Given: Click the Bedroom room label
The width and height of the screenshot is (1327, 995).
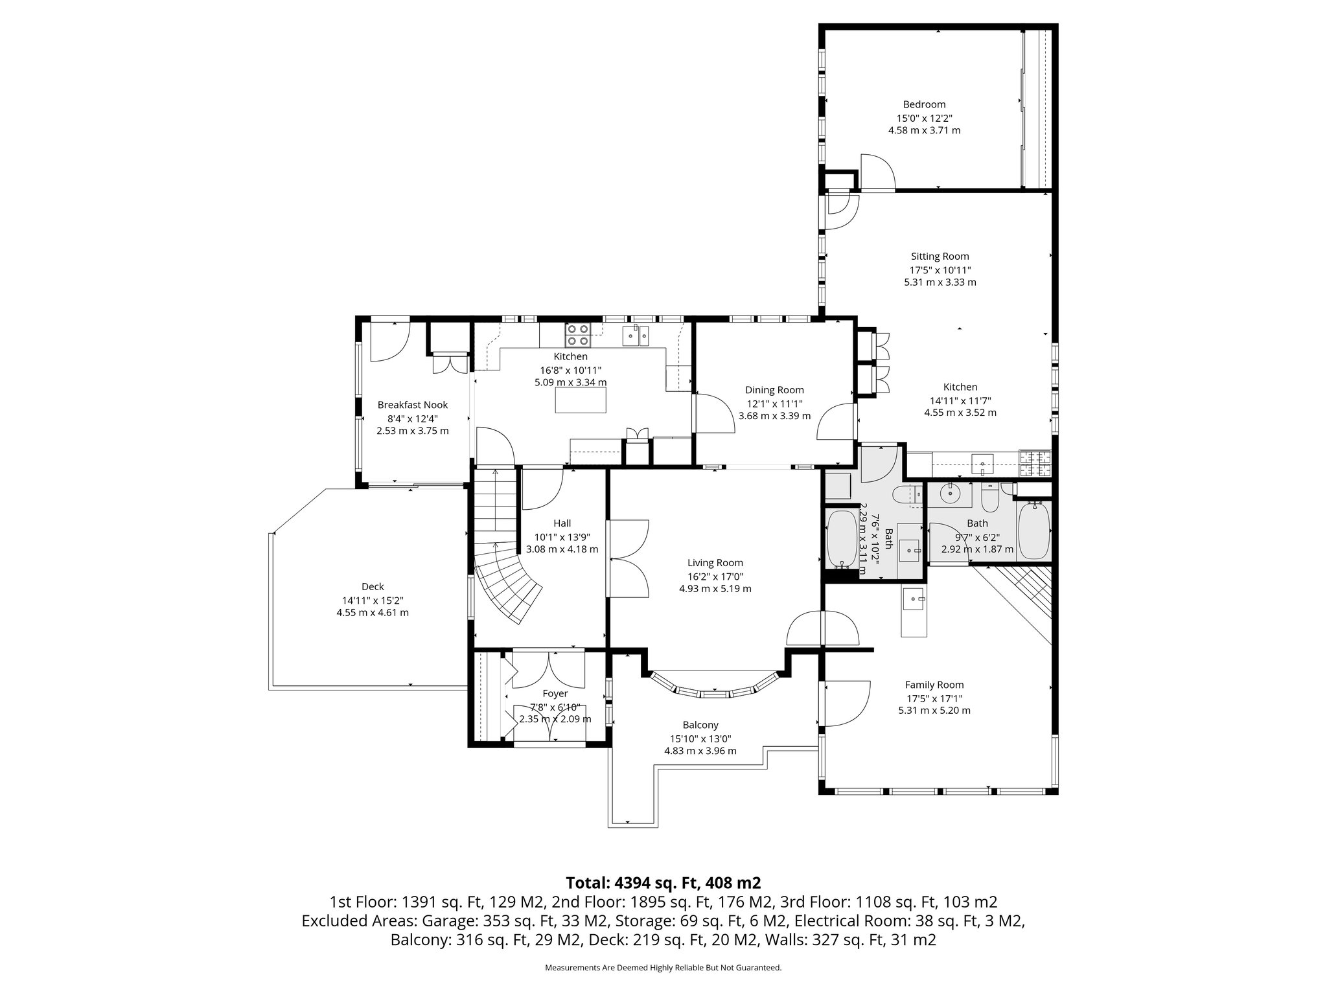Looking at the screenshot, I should coord(924,104).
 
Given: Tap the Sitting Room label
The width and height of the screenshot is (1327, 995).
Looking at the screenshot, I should coord(940,257).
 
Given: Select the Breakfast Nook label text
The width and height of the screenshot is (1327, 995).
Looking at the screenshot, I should coord(413,405).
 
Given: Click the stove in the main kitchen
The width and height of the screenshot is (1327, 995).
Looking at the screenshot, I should coord(578,335).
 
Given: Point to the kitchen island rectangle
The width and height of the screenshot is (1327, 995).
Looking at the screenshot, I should coord(581,402).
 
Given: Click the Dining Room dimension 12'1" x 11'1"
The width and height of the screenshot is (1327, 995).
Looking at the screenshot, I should coord(774,403).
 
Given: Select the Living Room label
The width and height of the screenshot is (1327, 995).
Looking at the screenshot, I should coord(715,563).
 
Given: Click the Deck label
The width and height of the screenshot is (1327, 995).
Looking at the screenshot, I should coord(373,587).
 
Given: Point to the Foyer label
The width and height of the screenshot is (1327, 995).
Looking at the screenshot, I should coord(555,694).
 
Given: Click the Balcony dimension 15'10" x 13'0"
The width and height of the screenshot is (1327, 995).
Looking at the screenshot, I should coord(700,738).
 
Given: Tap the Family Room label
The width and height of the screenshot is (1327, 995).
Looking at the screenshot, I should coord(934,685).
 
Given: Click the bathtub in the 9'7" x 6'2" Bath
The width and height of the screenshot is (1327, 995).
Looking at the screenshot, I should coord(1033,531).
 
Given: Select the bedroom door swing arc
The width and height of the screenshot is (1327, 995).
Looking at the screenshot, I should coord(878,172).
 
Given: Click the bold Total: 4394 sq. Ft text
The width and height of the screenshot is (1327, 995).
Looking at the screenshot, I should coord(663,883).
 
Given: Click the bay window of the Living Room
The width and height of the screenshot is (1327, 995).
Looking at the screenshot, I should coord(715,691).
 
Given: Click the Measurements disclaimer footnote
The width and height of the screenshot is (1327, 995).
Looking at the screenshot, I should coord(663,968).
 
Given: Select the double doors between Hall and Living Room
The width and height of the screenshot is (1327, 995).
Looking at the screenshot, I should coord(629,558).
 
